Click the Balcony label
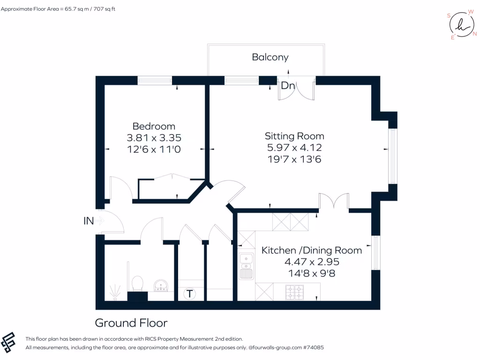(x=270, y=57)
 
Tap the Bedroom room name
(x=154, y=126)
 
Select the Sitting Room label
(x=294, y=136)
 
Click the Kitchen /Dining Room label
(x=312, y=250)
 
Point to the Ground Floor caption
(x=131, y=323)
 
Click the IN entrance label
(x=89, y=221)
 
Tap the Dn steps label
(x=287, y=86)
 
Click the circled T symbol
(x=189, y=294)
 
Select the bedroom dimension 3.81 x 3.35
(x=154, y=138)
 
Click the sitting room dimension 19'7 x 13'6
(x=294, y=159)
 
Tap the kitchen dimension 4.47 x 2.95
(x=312, y=262)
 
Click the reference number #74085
(x=312, y=348)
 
